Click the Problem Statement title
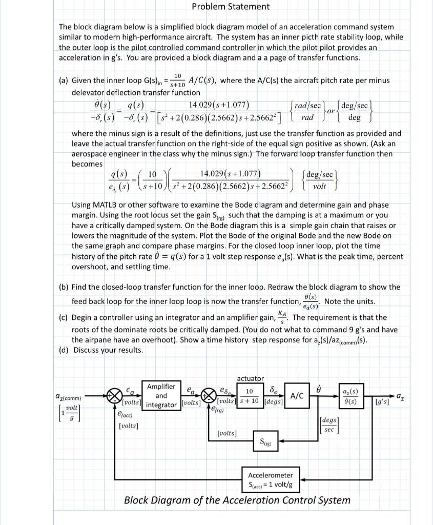point(230,7)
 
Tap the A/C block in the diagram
point(298,395)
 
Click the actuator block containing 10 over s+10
point(251,395)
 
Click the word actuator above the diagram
point(250,378)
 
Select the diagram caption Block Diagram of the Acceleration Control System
point(237,500)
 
